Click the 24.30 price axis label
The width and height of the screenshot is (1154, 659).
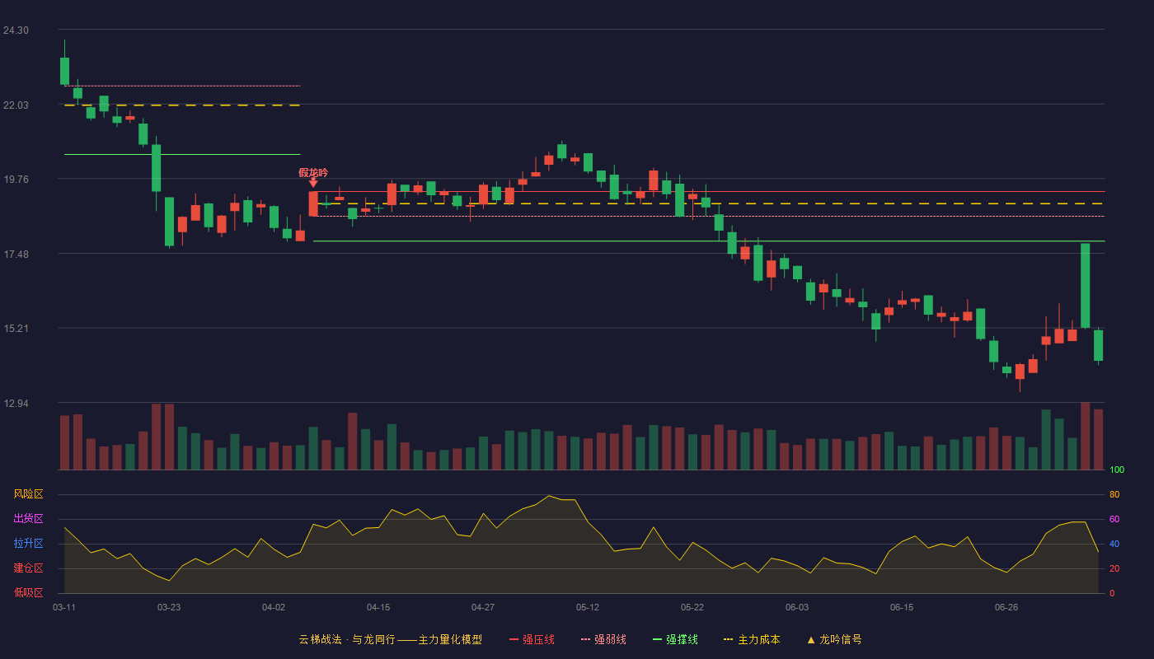[x=16, y=30]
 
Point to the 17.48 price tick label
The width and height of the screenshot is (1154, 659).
[x=16, y=255]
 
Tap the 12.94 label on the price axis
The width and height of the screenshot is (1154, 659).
[x=16, y=403]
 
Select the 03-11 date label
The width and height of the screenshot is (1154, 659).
[x=64, y=608]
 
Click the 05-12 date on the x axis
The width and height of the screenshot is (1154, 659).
[x=587, y=608]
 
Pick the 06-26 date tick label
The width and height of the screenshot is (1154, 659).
[x=1006, y=608]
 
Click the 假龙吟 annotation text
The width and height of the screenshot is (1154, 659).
[x=313, y=172]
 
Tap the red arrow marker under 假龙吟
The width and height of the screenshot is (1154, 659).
[x=313, y=183]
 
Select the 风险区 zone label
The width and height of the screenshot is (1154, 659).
[x=28, y=494]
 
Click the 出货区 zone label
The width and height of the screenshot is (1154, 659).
[x=28, y=518]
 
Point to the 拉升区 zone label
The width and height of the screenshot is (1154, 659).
[x=28, y=543]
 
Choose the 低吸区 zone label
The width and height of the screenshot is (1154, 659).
[x=28, y=592]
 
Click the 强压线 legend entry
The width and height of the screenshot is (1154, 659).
[x=532, y=639]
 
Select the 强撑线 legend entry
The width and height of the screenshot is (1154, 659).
[x=675, y=639]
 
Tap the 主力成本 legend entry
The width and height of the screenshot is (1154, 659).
[x=752, y=639]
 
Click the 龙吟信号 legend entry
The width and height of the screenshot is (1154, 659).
[x=834, y=639]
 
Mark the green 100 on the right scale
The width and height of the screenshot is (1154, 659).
[x=1117, y=470]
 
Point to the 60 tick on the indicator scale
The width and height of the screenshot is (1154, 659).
[x=1114, y=519]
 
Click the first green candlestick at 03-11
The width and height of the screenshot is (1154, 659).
[x=64, y=71]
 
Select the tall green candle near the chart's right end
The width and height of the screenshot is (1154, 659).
[x=1085, y=286]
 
